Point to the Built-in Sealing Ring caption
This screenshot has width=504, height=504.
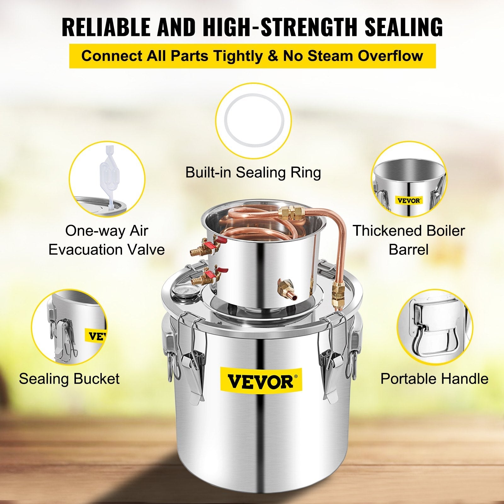coord(253,172)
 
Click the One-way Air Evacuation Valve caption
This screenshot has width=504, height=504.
coord(106,240)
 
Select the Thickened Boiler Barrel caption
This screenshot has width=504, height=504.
coord(409,240)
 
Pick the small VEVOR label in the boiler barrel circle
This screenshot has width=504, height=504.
coord(409,200)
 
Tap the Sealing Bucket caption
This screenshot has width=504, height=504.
coord(69,379)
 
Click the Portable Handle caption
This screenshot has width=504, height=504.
coord(434,379)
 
